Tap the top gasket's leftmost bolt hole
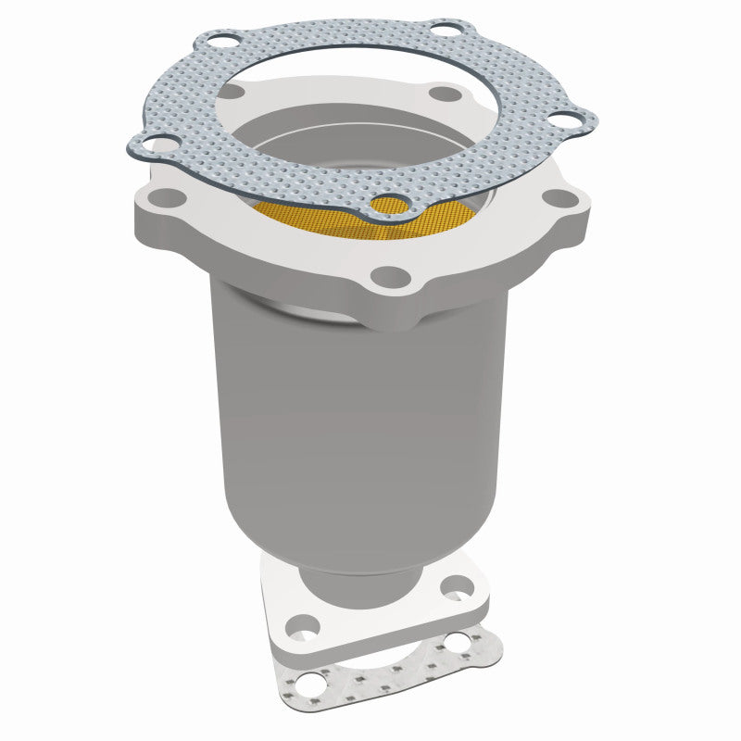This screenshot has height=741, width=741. (159, 144)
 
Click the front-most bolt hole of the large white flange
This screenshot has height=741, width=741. (391, 276)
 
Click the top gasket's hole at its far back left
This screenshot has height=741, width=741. (220, 41)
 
